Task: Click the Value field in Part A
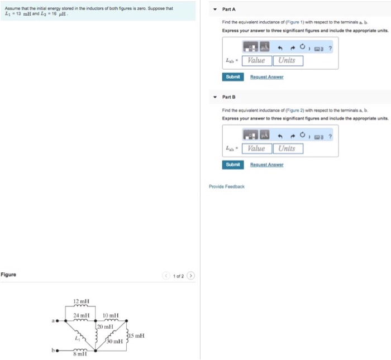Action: pyautogui.click(x=256, y=60)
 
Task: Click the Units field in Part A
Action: pyautogui.click(x=288, y=60)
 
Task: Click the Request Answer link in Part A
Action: pyautogui.click(x=266, y=77)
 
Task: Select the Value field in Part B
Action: pyautogui.click(x=256, y=148)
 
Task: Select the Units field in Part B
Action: pyautogui.click(x=288, y=148)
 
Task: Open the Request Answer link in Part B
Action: pyautogui.click(x=266, y=165)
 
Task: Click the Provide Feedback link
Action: pyautogui.click(x=227, y=186)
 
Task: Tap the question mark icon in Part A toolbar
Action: pyautogui.click(x=330, y=47)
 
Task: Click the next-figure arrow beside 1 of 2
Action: pyautogui.click(x=190, y=275)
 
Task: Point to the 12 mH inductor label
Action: pyautogui.click(x=81, y=302)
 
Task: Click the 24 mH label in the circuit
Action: pyautogui.click(x=81, y=315)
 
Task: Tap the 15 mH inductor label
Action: pyautogui.click(x=136, y=335)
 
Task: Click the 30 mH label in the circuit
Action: pyautogui.click(x=115, y=341)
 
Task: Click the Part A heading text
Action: pyautogui.click(x=229, y=9)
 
